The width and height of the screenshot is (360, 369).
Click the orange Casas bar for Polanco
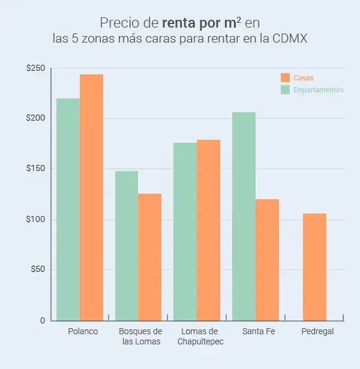point(91,197)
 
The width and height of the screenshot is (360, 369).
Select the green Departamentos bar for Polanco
point(68,209)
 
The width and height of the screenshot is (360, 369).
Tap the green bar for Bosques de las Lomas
point(127,245)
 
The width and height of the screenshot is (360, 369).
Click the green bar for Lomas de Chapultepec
point(185,232)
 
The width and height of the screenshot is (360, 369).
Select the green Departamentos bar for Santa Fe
point(244,216)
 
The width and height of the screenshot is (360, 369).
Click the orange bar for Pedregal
point(315,267)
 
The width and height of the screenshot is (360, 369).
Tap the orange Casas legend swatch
point(286,77)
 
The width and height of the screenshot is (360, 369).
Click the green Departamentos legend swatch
point(286,90)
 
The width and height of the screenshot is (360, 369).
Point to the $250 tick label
point(35,68)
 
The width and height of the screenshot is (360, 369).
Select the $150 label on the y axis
point(35,169)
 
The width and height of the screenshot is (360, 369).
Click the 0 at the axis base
point(42,320)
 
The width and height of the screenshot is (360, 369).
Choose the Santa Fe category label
point(255,331)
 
